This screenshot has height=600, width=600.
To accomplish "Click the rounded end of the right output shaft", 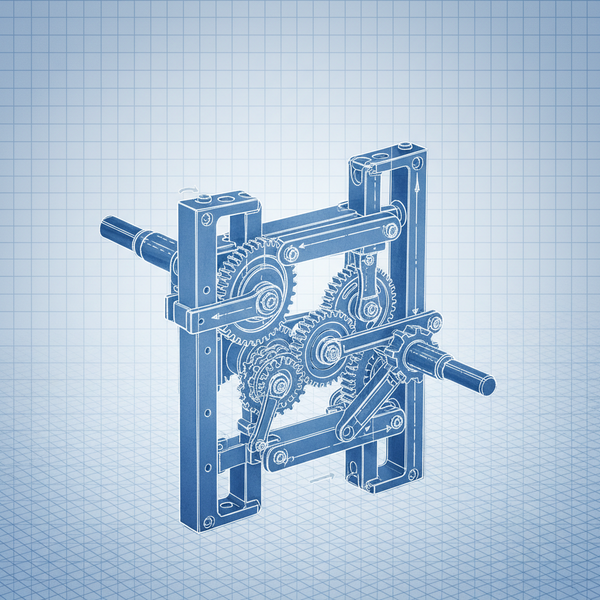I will tap(487, 387).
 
